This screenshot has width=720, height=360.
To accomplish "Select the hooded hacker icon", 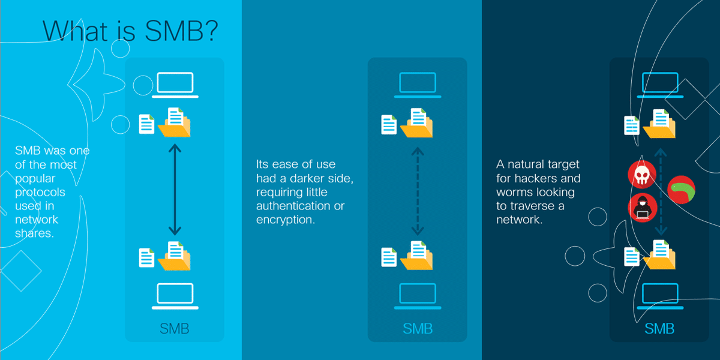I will click(642, 208).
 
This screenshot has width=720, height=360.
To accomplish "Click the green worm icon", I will click(682, 190).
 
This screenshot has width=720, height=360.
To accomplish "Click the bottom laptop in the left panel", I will click(175, 296).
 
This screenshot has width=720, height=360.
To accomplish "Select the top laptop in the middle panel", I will click(418, 85).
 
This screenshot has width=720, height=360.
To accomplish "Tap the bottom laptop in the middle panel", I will click(418, 296).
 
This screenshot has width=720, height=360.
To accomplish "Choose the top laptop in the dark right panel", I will click(659, 85).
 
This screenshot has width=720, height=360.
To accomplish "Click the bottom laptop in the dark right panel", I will click(659, 296).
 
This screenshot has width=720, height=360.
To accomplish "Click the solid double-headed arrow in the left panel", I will click(175, 189).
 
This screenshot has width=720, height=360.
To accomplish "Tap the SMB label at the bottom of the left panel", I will click(175, 329).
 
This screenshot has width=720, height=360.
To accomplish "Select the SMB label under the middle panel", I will click(418, 329).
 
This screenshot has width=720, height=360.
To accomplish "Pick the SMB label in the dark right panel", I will click(659, 329).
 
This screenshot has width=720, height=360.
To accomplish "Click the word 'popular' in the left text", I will click(35, 178).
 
